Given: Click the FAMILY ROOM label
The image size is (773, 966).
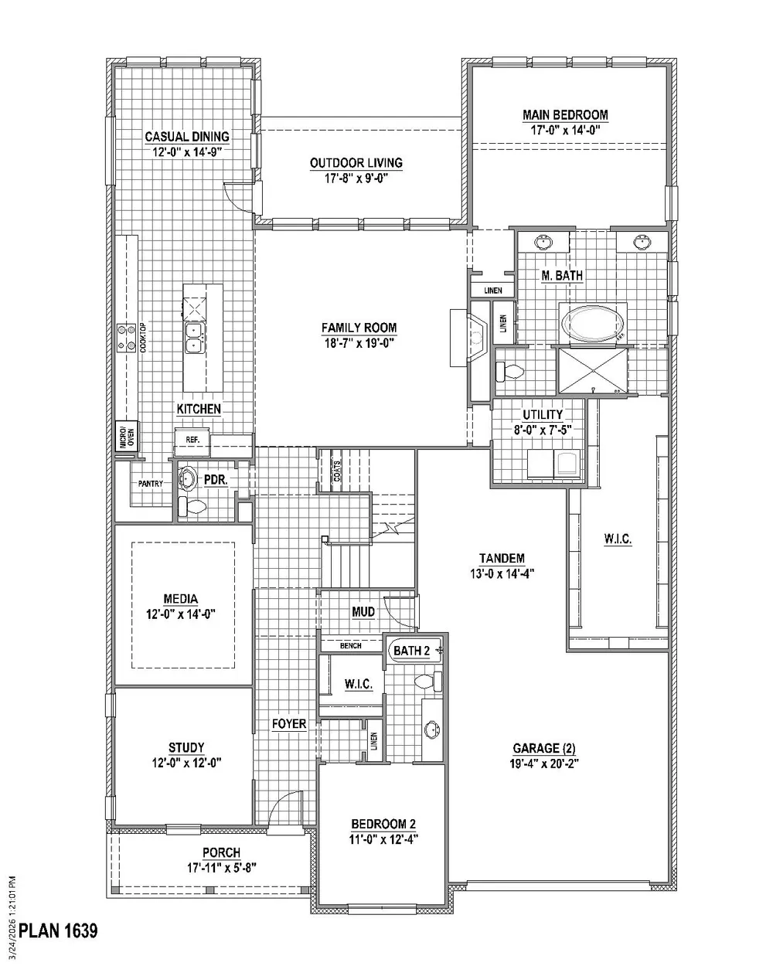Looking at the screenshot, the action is coord(359,328).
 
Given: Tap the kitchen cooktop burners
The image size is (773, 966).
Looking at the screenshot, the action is coord(126,338).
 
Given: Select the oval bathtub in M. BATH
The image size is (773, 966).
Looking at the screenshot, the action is coord(592,323).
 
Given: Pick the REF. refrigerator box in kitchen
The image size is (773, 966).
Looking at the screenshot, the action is coord(192,440).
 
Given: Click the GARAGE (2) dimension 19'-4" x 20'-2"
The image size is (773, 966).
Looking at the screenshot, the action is coord(543,764).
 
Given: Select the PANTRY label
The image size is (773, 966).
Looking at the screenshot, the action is coord(150,484).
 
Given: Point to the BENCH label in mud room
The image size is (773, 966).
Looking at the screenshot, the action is coord(350,645).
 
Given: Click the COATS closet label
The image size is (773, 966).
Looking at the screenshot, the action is coord(337,471).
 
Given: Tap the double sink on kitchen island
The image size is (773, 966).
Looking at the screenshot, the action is coord(195,338).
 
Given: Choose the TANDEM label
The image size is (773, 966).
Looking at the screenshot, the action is coord(502,559).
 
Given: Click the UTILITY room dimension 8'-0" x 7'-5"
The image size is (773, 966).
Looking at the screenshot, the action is coord(543,430).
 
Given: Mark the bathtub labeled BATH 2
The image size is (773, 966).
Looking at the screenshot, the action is coord(414,651).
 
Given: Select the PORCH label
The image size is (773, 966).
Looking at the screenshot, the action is coord(221,852).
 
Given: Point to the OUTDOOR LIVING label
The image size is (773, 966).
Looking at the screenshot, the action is coord(356,163).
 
